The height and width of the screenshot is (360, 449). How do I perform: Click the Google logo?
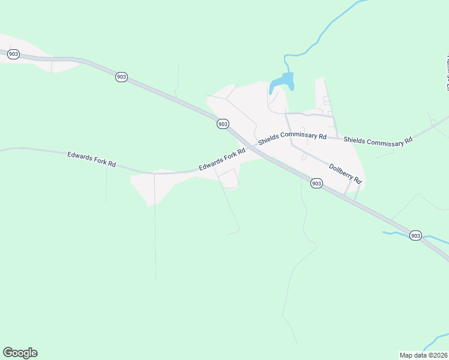pyautogui.click(x=20, y=353)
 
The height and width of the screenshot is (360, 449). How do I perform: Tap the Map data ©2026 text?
pyautogui.click(x=423, y=355)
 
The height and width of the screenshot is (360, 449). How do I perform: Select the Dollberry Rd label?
pyautogui.click(x=345, y=173)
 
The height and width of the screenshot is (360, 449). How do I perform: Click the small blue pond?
pyautogui.click(x=282, y=82)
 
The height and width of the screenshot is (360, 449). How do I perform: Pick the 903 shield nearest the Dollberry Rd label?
pyautogui.click(x=317, y=183)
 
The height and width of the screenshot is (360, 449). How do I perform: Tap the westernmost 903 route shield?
pyautogui.click(x=13, y=54)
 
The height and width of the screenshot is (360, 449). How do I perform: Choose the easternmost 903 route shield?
pyautogui.click(x=415, y=235)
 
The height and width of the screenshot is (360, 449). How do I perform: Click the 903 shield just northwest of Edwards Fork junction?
pyautogui.click(x=223, y=124)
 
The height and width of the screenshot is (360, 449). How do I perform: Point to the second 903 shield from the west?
pyautogui.click(x=121, y=77)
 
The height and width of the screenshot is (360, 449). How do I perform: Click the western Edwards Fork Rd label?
pyautogui.click(x=91, y=159)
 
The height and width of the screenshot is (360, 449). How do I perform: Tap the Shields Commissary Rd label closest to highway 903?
pyautogui.click(x=292, y=139)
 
